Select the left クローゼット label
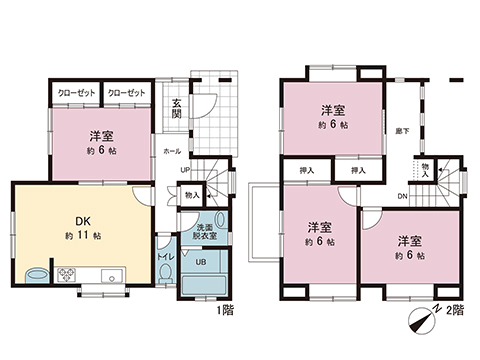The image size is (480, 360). pyautogui.click(x=77, y=93)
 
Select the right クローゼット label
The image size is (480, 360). pyautogui.click(x=126, y=93)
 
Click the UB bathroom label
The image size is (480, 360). pyautogui.click(x=200, y=263)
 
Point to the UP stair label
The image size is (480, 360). pyautogui.click(x=185, y=169)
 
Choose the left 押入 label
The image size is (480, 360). pyautogui.click(x=306, y=171)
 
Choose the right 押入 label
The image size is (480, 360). pyautogui.click(x=356, y=171)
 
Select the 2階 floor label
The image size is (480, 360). pyautogui.click(x=456, y=312)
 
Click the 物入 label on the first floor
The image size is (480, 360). pyautogui.click(x=191, y=197)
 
